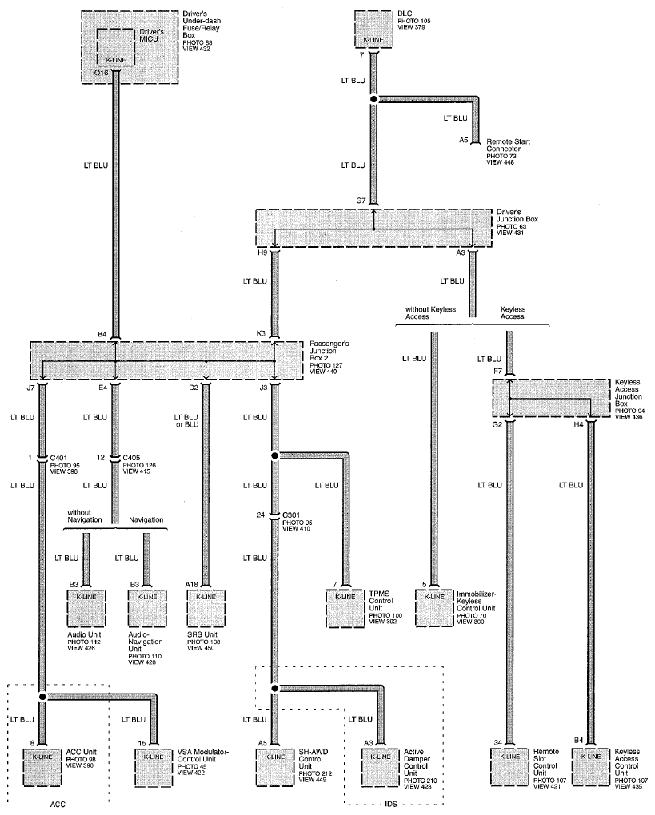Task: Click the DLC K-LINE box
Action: pos(373,29)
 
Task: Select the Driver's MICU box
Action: pos(115,47)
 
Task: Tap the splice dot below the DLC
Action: pos(373,99)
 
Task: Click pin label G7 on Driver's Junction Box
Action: pos(361,201)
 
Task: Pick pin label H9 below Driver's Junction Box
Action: pos(262,252)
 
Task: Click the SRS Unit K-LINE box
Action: pos(206,609)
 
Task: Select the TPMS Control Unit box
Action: pos(345,609)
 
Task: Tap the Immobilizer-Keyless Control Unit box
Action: pos(434,609)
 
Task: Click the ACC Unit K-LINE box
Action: pos(42,767)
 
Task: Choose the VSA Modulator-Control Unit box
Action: pos(154,767)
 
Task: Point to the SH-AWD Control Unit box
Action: pos(274,767)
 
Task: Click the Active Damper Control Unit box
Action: pos(381,767)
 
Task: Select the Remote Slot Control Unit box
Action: pos(510,767)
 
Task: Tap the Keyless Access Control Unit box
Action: pos(591,767)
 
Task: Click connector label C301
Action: pos(291,515)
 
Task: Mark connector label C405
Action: pos(131,458)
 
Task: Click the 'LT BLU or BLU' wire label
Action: pos(186,421)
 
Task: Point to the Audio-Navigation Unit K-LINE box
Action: pos(146,609)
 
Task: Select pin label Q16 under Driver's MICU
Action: pos(101,74)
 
